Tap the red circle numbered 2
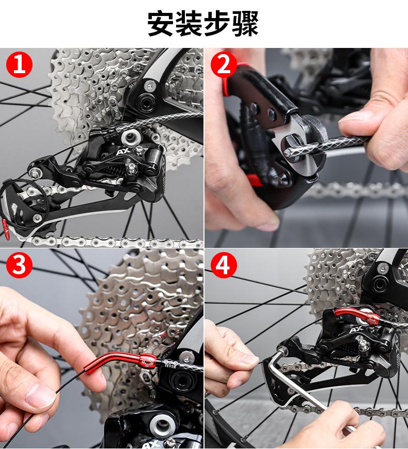[x=224, y=64]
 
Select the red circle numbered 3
[x=19, y=264]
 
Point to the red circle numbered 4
[x=224, y=264]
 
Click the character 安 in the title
[x=162, y=23]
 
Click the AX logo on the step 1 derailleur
[x=123, y=151]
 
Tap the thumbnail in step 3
[x=40, y=396]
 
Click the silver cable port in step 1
[x=131, y=137]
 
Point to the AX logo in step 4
[x=356, y=330]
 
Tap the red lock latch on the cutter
[x=255, y=179]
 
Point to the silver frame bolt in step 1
[x=149, y=86]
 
